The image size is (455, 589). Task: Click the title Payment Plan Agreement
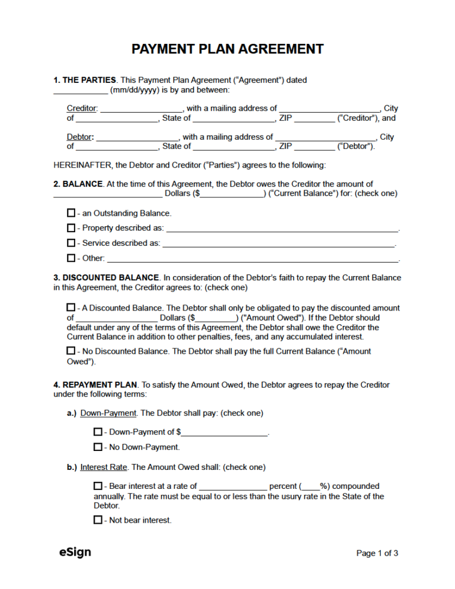click(x=227, y=49)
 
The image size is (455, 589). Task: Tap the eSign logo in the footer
click(x=75, y=552)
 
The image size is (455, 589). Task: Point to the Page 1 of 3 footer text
click(x=377, y=553)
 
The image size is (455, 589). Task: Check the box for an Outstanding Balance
click(x=71, y=213)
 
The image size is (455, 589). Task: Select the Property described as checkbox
click(x=71, y=228)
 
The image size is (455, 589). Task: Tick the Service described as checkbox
click(x=71, y=243)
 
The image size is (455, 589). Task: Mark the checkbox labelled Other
click(x=71, y=258)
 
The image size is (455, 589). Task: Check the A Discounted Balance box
click(x=71, y=308)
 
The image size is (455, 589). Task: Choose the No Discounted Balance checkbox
click(x=71, y=351)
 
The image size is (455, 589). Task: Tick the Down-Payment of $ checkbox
click(x=98, y=432)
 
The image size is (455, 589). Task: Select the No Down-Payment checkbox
click(x=98, y=447)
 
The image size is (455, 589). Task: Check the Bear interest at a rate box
click(x=98, y=486)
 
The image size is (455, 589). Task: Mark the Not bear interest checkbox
click(x=98, y=520)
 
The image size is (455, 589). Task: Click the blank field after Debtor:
click(x=137, y=137)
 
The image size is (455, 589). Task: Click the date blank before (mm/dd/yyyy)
click(x=81, y=91)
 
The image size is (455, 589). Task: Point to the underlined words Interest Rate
click(x=104, y=467)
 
